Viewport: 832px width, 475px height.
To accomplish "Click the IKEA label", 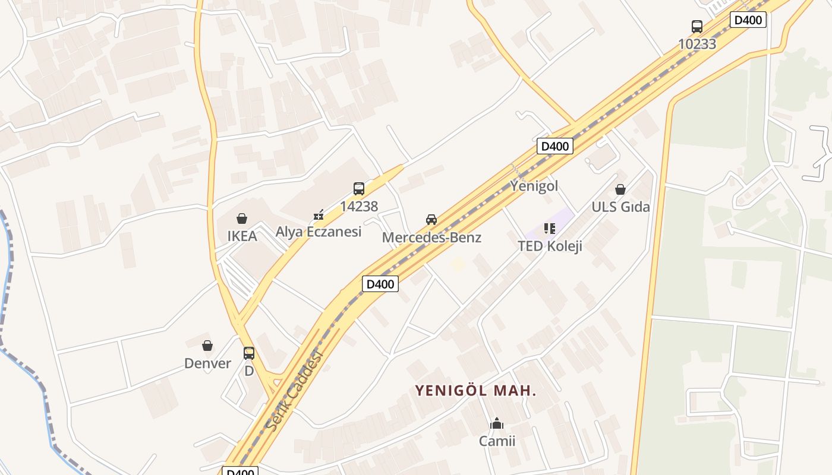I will pos(242,236).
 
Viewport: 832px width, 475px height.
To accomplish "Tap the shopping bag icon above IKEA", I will pos(242,218).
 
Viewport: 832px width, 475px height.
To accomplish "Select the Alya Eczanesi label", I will pos(318,232).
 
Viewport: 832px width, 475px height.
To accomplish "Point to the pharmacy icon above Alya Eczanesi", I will pos(319,214).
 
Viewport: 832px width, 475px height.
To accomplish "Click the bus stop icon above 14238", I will pos(359,189).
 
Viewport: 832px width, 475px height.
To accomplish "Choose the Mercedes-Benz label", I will pos(431,237).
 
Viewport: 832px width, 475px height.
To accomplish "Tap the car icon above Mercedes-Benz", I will pos(431,220).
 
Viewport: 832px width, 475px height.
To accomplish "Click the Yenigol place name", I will pos(534,186).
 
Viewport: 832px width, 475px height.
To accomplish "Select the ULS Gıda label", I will pos(620,207).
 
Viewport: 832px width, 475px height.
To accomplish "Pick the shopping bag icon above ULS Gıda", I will pos(620,189).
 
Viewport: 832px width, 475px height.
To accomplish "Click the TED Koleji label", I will pos(550,246).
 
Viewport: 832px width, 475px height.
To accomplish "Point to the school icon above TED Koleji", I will pos(550,229).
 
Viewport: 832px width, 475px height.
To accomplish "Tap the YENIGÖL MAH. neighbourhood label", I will pos(475,391).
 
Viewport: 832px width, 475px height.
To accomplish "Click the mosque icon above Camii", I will pos(497,423).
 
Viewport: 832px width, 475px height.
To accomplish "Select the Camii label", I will pos(497,441).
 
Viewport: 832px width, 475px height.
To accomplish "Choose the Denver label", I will pos(207,363).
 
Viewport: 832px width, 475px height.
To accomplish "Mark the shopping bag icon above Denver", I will pos(207,346).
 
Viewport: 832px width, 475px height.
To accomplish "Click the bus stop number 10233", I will pos(697,44).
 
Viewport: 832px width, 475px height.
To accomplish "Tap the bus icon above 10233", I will pos(697,27).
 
